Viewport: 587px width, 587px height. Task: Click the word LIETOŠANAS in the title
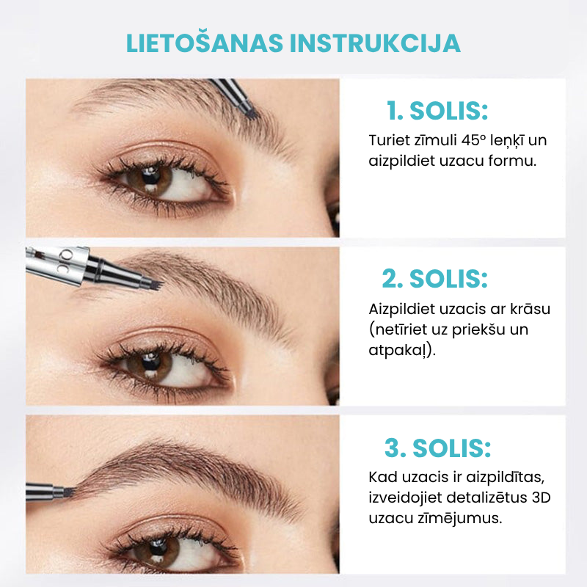tap(205, 43)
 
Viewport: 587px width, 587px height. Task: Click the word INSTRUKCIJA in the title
tap(375, 43)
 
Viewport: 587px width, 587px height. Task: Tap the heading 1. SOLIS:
tap(437, 111)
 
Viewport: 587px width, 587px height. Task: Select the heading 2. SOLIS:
tap(434, 279)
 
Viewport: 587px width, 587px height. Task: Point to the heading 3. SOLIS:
tap(437, 448)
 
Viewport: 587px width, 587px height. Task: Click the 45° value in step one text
tap(473, 140)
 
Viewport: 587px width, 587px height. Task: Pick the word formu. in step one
tap(512, 161)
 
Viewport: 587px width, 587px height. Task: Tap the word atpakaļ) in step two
tap(402, 351)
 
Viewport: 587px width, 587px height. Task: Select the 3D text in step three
tap(541, 497)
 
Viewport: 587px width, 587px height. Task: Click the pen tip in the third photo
tap(69, 492)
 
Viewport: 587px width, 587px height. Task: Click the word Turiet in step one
tap(390, 140)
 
